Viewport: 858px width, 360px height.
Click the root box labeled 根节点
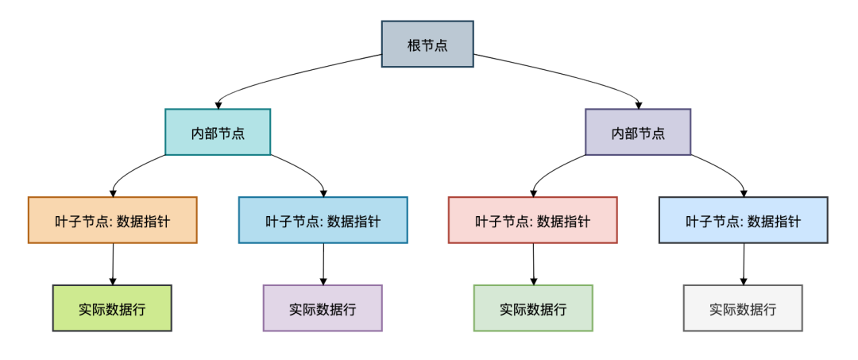tap(427, 45)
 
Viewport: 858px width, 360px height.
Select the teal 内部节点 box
tap(218, 132)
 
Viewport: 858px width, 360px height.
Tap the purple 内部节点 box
tap(638, 132)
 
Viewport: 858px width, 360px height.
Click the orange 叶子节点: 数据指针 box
tap(112, 220)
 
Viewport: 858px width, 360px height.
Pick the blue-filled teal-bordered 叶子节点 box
tap(323, 220)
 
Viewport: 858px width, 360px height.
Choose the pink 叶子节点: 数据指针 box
tap(532, 220)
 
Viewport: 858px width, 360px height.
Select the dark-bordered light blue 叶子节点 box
tap(743, 220)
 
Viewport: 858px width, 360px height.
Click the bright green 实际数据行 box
tap(112, 308)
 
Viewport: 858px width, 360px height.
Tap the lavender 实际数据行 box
tap(323, 308)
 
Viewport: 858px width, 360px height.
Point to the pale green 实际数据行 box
tap(533, 308)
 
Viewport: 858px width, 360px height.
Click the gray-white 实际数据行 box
tap(743, 308)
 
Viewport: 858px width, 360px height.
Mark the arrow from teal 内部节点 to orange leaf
tap(131, 169)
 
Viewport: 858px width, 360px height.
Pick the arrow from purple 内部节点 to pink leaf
tap(551, 169)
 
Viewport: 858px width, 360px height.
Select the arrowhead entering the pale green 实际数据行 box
tap(533, 280)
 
